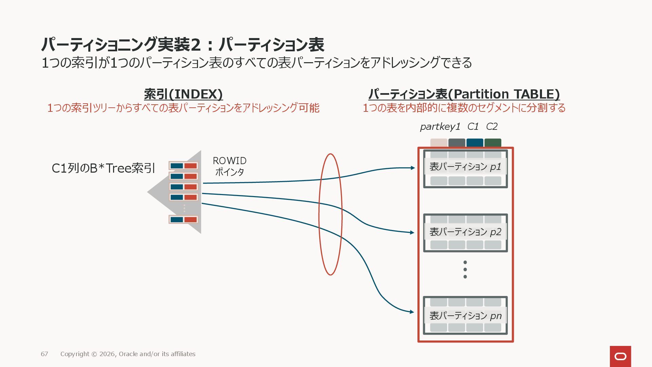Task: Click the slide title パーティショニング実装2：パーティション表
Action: coord(183,45)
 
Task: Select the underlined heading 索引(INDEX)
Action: coord(183,94)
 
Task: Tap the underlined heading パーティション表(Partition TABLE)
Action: coord(464,94)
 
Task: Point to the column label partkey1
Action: coord(440,127)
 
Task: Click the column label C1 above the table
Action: coord(473,127)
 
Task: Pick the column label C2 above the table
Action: coord(492,127)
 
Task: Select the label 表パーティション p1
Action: coord(465,167)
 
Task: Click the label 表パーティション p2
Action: coord(465,232)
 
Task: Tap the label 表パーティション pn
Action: coord(465,316)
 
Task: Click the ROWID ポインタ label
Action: coord(230,166)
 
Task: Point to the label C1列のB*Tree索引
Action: coord(103,168)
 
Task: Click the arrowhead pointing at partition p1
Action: coord(413,168)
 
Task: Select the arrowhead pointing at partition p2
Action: coord(412,233)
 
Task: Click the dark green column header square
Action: coord(493,143)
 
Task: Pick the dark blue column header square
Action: coord(475,143)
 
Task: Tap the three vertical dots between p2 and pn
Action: coord(465,269)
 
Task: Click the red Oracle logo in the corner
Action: coord(620,356)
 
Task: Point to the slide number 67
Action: coord(44,354)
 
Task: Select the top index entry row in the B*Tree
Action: coord(183,166)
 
